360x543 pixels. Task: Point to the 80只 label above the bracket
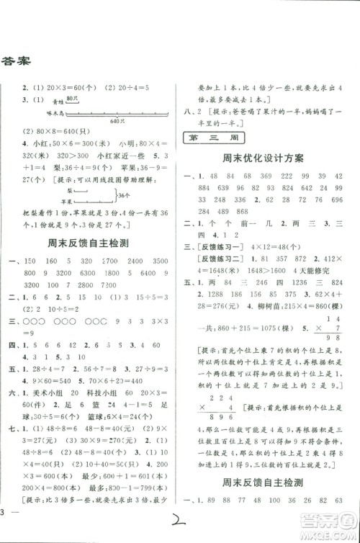[x=70, y=98]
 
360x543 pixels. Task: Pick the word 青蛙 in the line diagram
[x=59, y=104]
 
